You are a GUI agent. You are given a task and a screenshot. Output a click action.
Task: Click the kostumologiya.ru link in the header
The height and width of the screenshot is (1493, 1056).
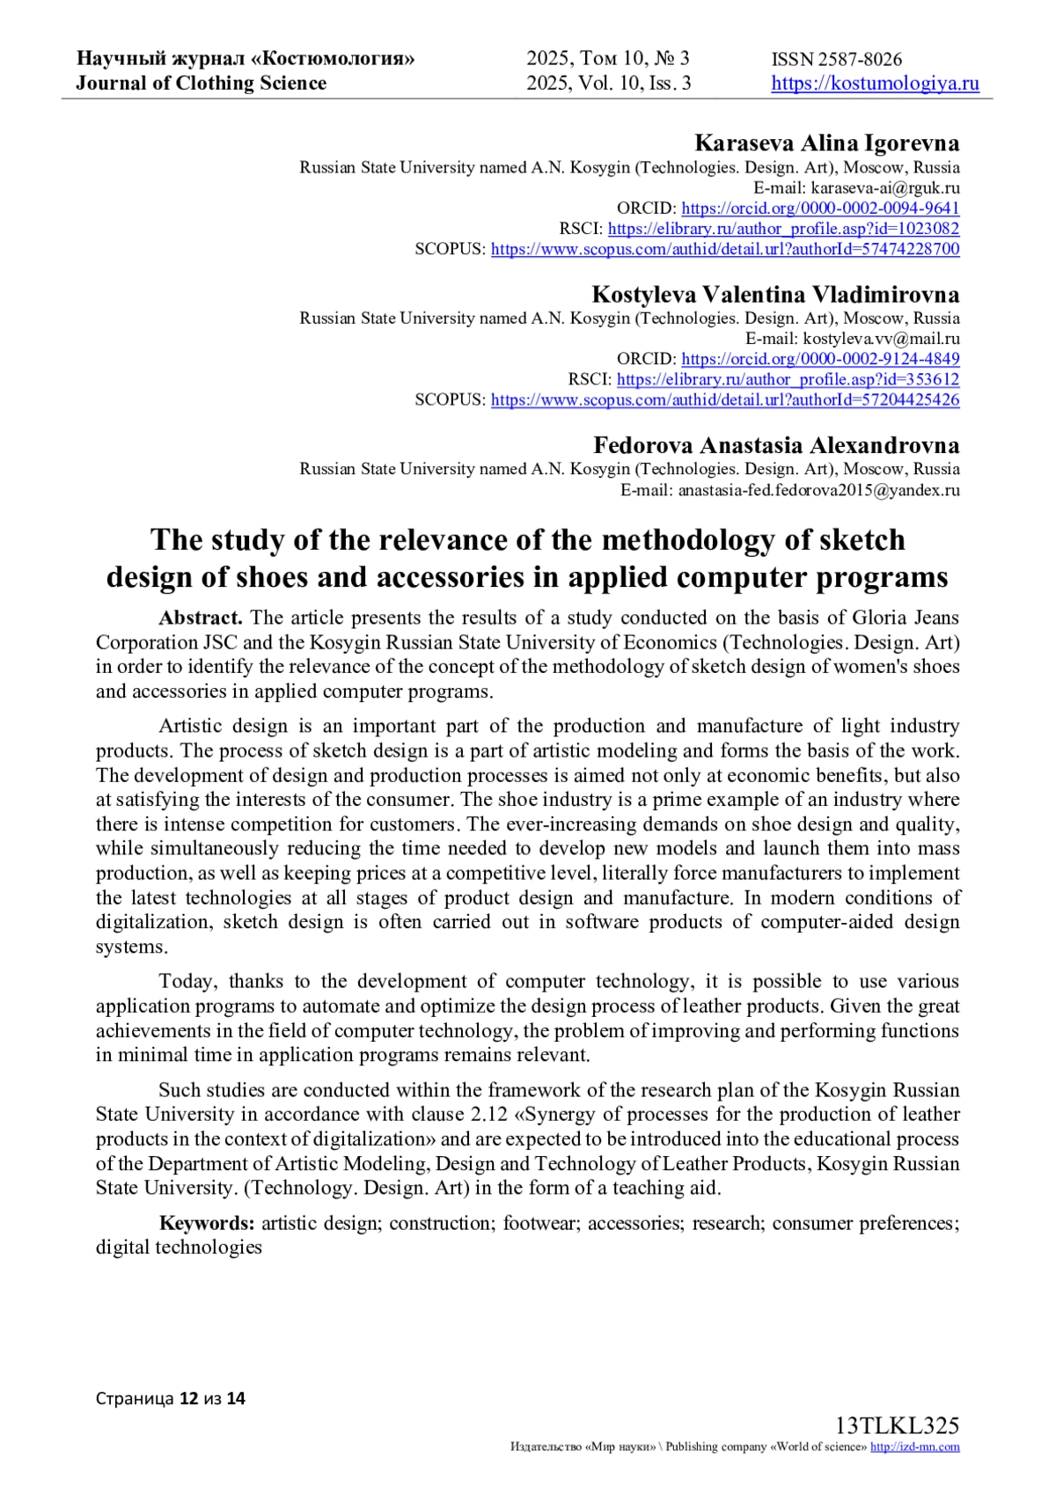(875, 84)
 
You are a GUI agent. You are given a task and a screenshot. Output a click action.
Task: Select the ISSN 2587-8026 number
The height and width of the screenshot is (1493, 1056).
(836, 60)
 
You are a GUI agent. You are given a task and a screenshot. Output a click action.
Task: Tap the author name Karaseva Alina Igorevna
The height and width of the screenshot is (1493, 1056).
(826, 143)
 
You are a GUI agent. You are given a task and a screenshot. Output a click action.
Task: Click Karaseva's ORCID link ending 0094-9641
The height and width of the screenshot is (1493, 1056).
(820, 209)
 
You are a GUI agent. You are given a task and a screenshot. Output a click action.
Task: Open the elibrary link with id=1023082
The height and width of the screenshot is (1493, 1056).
(783, 229)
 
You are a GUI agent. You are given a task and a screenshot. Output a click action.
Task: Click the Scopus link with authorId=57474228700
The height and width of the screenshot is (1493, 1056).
(725, 249)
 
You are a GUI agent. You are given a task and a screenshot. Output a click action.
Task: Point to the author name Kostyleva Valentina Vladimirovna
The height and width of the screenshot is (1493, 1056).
(775, 294)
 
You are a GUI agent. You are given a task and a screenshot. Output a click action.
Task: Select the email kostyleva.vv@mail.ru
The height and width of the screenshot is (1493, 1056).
(881, 339)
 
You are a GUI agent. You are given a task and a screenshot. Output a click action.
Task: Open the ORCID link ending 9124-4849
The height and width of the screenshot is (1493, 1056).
(820, 359)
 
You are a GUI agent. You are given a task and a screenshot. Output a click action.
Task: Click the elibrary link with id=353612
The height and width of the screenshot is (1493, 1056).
(788, 379)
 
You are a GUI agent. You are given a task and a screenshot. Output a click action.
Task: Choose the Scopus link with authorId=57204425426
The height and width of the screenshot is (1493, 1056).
(725, 399)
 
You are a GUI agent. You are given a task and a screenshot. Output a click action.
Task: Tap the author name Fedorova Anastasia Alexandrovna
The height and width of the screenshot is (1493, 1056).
(776, 444)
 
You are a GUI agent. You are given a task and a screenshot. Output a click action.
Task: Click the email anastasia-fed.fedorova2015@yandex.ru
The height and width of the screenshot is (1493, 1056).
(818, 490)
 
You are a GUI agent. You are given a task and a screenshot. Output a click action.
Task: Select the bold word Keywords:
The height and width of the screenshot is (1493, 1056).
(207, 1223)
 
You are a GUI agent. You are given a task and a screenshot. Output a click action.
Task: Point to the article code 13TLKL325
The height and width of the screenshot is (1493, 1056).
(897, 1425)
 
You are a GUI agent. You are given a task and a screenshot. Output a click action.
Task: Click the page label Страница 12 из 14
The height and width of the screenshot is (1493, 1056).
(171, 1398)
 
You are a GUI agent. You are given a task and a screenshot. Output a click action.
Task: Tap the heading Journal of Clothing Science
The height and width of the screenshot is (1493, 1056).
(201, 84)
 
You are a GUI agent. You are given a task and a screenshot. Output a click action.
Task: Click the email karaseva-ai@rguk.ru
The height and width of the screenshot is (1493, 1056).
(884, 188)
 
